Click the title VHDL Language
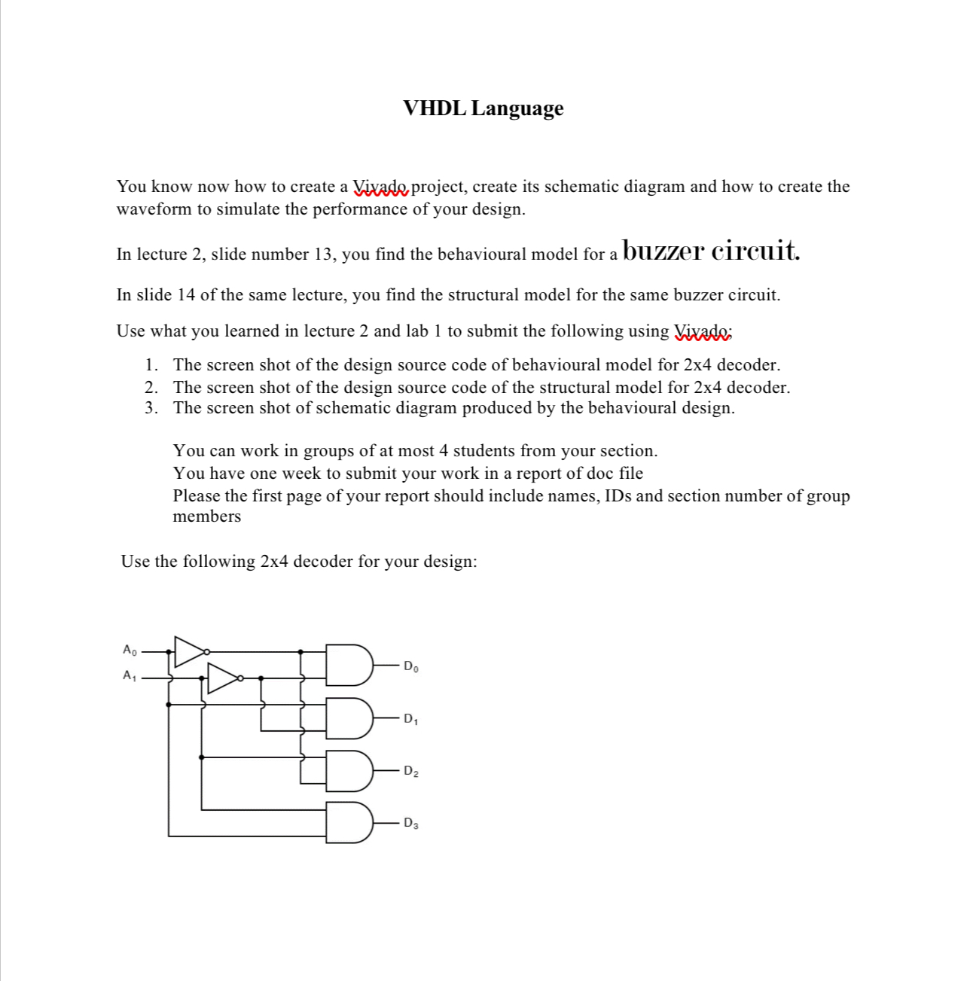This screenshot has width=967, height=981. [483, 108]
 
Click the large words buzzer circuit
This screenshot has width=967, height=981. [712, 249]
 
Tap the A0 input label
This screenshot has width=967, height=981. [130, 649]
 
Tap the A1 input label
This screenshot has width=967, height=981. [130, 675]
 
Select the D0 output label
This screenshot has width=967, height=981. [410, 666]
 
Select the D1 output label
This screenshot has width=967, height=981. [410, 719]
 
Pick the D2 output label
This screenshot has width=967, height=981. [410, 771]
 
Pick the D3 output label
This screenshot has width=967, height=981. [410, 823]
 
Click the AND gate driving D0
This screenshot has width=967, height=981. [349, 665]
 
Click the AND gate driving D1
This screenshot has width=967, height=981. [349, 717]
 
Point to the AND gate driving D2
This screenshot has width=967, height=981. [349, 770]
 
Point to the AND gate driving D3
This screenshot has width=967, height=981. [349, 823]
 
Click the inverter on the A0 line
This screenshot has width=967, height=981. [190, 651]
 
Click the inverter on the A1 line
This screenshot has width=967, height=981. [223, 678]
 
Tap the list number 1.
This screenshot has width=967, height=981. [151, 365]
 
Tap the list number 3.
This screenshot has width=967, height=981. [151, 408]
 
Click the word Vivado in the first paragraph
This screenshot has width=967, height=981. [381, 187]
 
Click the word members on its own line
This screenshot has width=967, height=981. [207, 516]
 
